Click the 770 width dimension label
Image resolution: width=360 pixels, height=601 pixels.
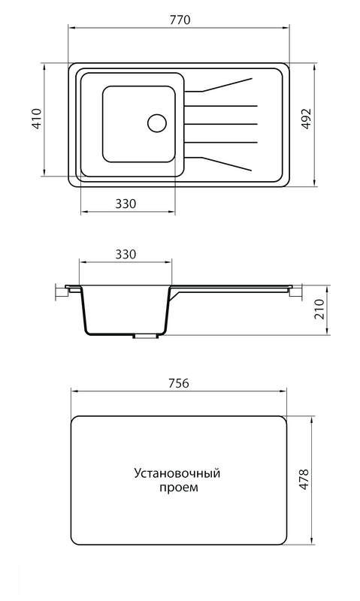[x=180, y=20]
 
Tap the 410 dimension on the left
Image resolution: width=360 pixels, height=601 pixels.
[x=36, y=119]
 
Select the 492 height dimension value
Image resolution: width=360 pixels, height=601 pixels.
[x=306, y=119]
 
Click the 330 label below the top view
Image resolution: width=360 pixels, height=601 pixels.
[x=126, y=204]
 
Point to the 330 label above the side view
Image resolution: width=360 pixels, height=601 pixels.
[x=126, y=254]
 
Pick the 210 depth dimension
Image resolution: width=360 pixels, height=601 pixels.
[x=319, y=309]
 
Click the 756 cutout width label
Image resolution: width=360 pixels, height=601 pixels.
[x=178, y=383]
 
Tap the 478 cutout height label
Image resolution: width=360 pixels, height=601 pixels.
[x=304, y=479]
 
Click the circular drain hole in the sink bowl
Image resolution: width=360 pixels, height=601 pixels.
[x=157, y=123]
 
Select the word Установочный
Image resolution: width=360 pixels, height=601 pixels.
[x=177, y=473]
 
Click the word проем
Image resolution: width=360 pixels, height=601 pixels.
[x=179, y=488]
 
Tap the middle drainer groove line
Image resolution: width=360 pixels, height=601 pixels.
[x=221, y=124]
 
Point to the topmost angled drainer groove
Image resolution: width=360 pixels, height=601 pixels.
[x=219, y=85]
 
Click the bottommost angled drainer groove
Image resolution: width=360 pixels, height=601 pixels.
[x=219, y=164]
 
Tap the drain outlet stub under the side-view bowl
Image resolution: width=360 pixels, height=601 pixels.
[x=145, y=336]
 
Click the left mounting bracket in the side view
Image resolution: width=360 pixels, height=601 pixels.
[x=62, y=291]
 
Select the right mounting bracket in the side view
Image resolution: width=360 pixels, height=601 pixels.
[x=295, y=292]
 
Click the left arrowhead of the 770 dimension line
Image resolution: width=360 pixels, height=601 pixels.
[x=71, y=28]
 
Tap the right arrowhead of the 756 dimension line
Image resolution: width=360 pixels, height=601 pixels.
[x=283, y=391]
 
